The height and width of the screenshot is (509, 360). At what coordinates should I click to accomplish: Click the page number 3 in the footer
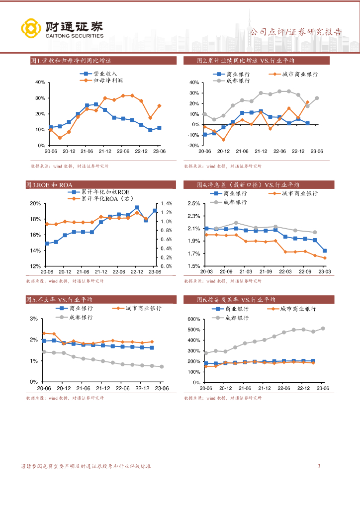tap(319, 466)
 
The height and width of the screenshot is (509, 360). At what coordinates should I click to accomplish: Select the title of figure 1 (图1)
tap(70, 61)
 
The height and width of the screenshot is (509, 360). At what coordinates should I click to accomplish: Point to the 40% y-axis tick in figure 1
tap(40, 82)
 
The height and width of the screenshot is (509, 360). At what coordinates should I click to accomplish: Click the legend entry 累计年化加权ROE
tap(105, 192)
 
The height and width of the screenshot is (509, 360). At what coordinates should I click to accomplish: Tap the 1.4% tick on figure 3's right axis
tap(166, 204)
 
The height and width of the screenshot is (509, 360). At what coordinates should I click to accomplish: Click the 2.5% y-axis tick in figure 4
tap(193, 204)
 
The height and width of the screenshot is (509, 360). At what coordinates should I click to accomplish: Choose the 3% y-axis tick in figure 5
tap(34, 319)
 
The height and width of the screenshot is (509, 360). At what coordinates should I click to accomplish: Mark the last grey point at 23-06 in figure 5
tap(162, 367)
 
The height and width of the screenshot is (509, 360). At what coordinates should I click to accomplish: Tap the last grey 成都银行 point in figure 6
tap(323, 329)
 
